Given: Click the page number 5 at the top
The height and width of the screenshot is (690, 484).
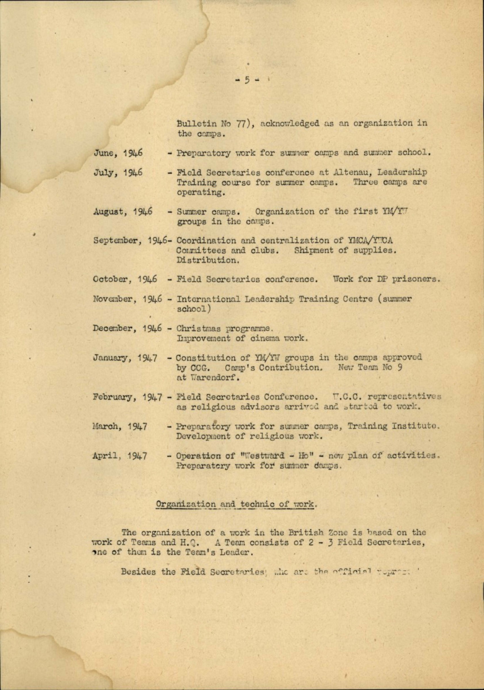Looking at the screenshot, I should point(247,80).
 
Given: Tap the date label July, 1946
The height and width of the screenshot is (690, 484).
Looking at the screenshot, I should point(118,173).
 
